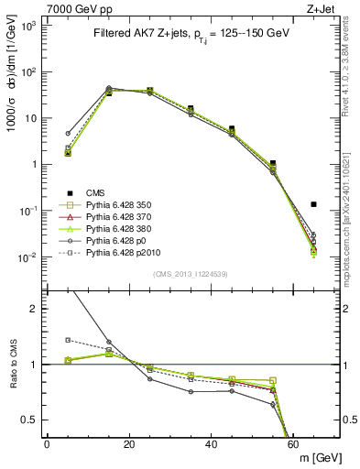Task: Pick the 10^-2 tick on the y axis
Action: [x=27, y=257]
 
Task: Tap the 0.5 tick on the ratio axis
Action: [x=30, y=420]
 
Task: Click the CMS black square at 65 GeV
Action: [x=314, y=204]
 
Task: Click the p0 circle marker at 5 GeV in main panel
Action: [x=68, y=134]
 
